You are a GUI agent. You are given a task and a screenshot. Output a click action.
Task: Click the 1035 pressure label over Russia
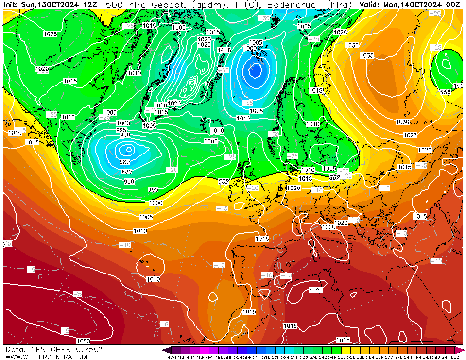(367, 56)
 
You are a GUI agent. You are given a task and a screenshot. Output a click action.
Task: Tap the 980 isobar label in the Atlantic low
(125, 162)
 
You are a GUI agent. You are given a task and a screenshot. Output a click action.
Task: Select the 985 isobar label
(127, 171)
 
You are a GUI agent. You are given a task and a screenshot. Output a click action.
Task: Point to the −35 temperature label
(248, 103)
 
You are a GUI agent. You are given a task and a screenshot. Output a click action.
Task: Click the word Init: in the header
(11, 4)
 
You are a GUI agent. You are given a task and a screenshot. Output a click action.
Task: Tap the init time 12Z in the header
(90, 4)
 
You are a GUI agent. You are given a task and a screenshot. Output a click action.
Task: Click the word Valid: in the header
(370, 4)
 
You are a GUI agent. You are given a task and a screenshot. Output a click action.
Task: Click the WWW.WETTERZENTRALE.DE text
(48, 357)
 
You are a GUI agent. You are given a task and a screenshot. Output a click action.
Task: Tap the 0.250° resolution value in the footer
(89, 349)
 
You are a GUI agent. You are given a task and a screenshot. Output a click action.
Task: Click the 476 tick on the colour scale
(172, 357)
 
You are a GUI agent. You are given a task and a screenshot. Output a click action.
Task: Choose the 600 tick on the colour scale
(454, 357)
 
